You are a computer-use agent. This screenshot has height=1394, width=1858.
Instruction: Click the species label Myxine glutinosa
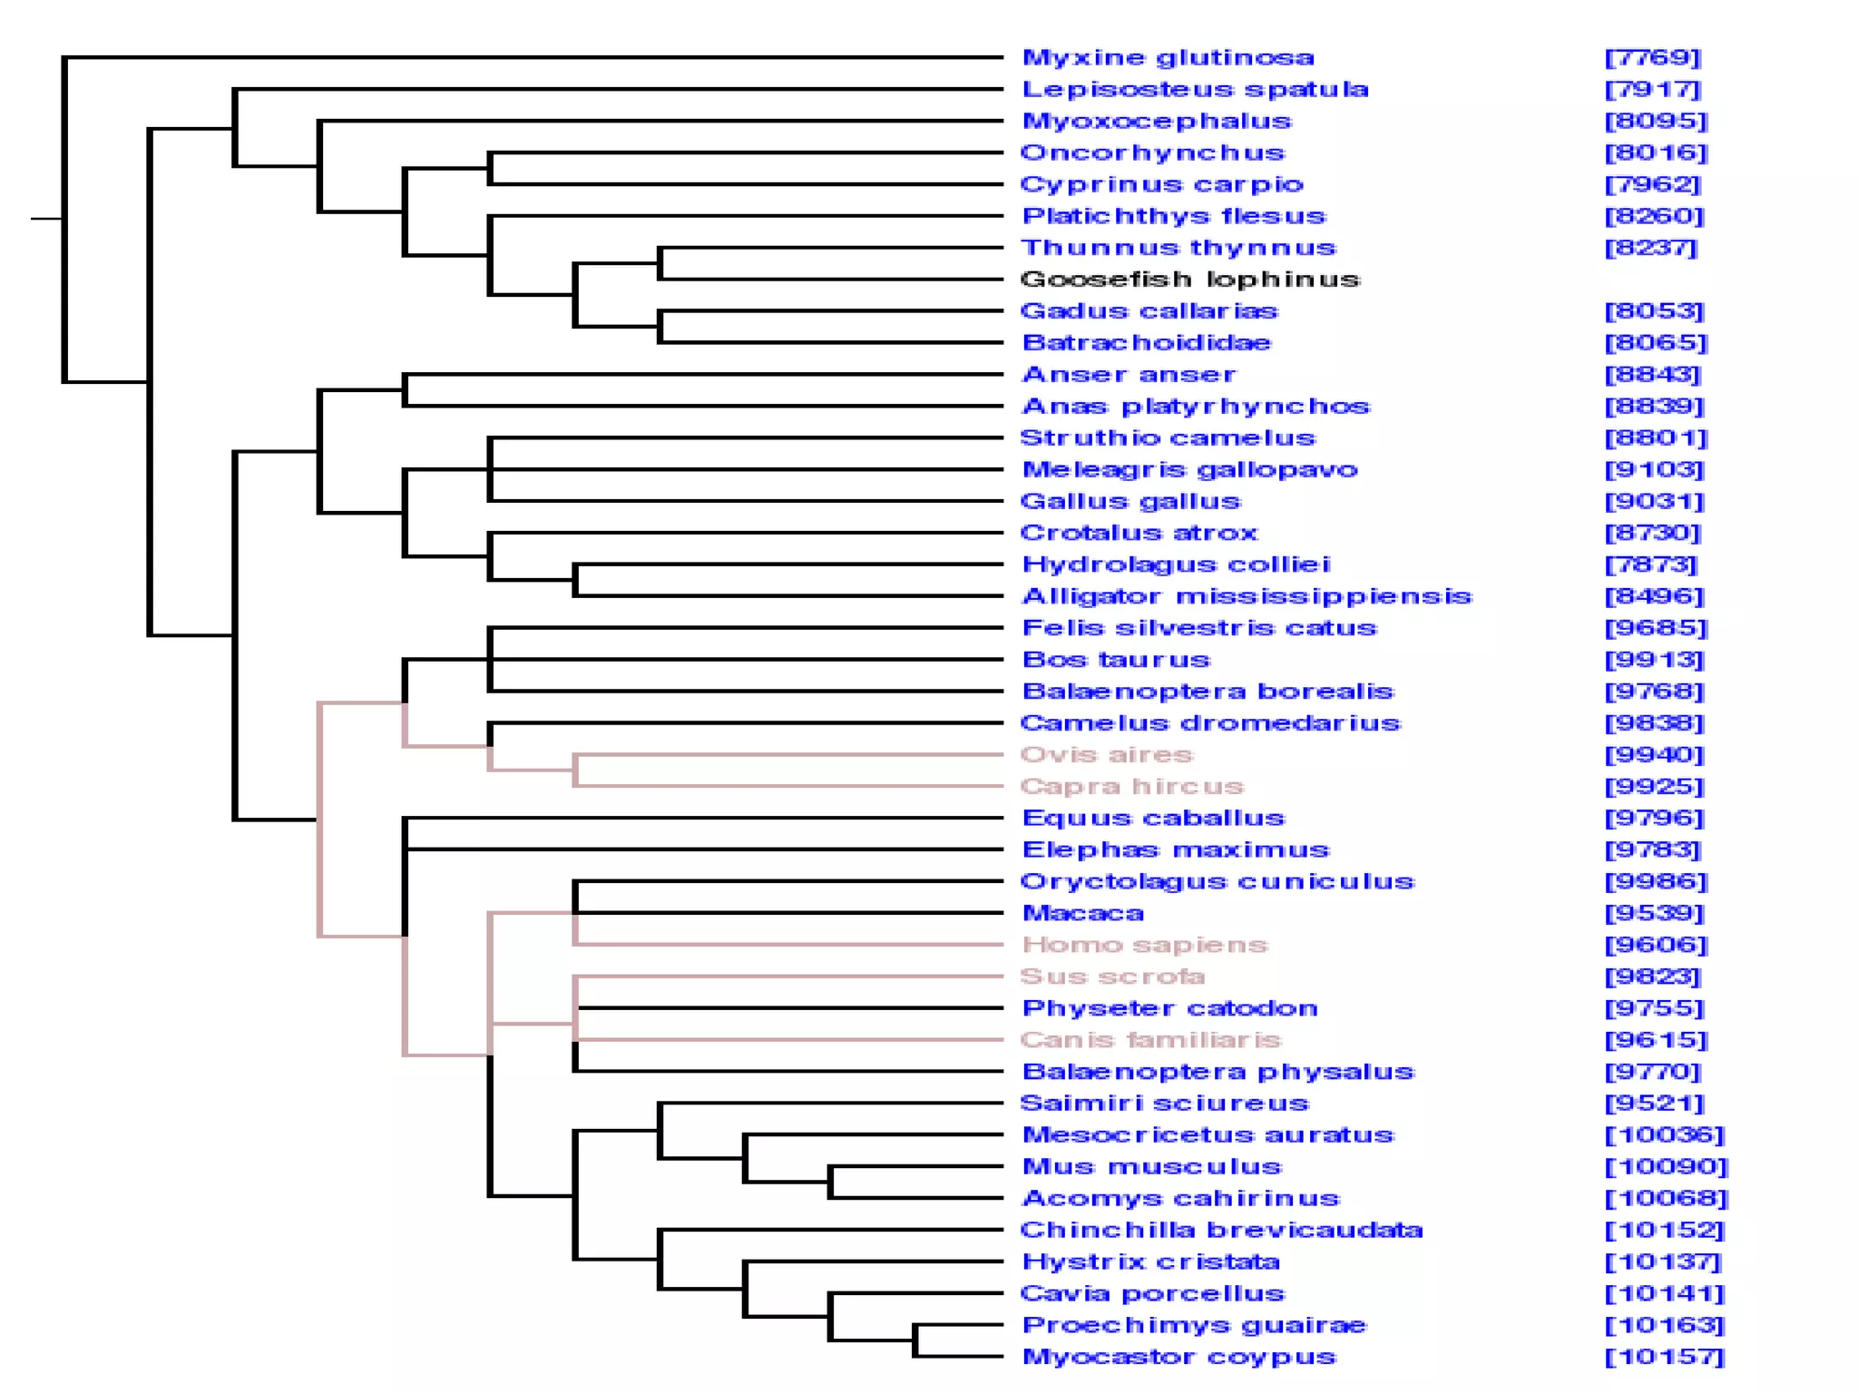[x=1168, y=58]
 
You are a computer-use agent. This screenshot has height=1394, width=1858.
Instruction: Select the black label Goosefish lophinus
[x=1190, y=280]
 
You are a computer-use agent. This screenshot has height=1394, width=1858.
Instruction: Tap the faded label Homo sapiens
[x=1144, y=945]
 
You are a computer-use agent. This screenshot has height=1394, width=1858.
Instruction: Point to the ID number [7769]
[x=1652, y=58]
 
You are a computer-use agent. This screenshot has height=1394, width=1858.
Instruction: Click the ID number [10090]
[x=1667, y=1166]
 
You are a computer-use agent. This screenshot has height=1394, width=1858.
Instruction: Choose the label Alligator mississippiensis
[x=1247, y=596]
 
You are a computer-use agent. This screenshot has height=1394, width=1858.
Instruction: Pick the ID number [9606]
[x=1656, y=945]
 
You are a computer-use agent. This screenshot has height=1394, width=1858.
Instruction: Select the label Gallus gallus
[x=1130, y=501]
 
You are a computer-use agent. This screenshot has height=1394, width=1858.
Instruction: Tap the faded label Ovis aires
[x=1107, y=754]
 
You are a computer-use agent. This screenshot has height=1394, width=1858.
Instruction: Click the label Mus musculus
[x=1151, y=1166]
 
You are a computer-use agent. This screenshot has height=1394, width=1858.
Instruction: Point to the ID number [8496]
[x=1654, y=596]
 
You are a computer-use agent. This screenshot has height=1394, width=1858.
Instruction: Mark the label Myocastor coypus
[x=1179, y=1357]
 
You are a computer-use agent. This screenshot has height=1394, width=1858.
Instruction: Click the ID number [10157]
[x=1665, y=1357]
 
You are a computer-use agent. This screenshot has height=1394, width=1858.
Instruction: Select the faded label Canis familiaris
[x=1150, y=1040]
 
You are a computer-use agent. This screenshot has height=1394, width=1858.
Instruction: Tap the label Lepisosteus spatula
[x=1195, y=90]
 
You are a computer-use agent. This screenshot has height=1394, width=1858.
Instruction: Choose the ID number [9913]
[x=1654, y=660]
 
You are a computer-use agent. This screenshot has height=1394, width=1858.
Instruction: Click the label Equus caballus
[x=1153, y=818]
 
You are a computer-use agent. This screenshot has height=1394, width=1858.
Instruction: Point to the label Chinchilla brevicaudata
[x=1221, y=1230]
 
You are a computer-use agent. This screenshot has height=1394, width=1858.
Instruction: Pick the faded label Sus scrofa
[x=1112, y=977]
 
